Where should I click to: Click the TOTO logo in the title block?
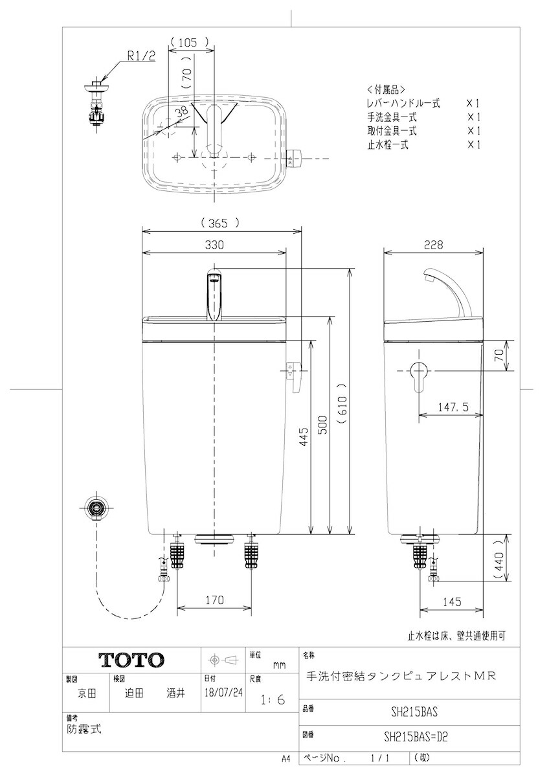click(131, 660)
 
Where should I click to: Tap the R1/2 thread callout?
click(141, 56)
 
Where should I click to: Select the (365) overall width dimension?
click(220, 223)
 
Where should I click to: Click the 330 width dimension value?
click(214, 245)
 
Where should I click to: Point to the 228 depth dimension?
click(433, 245)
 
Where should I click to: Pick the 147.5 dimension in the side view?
click(453, 407)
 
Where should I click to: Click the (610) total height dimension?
click(342, 404)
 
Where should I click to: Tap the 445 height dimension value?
click(303, 437)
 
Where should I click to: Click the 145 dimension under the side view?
click(453, 602)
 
